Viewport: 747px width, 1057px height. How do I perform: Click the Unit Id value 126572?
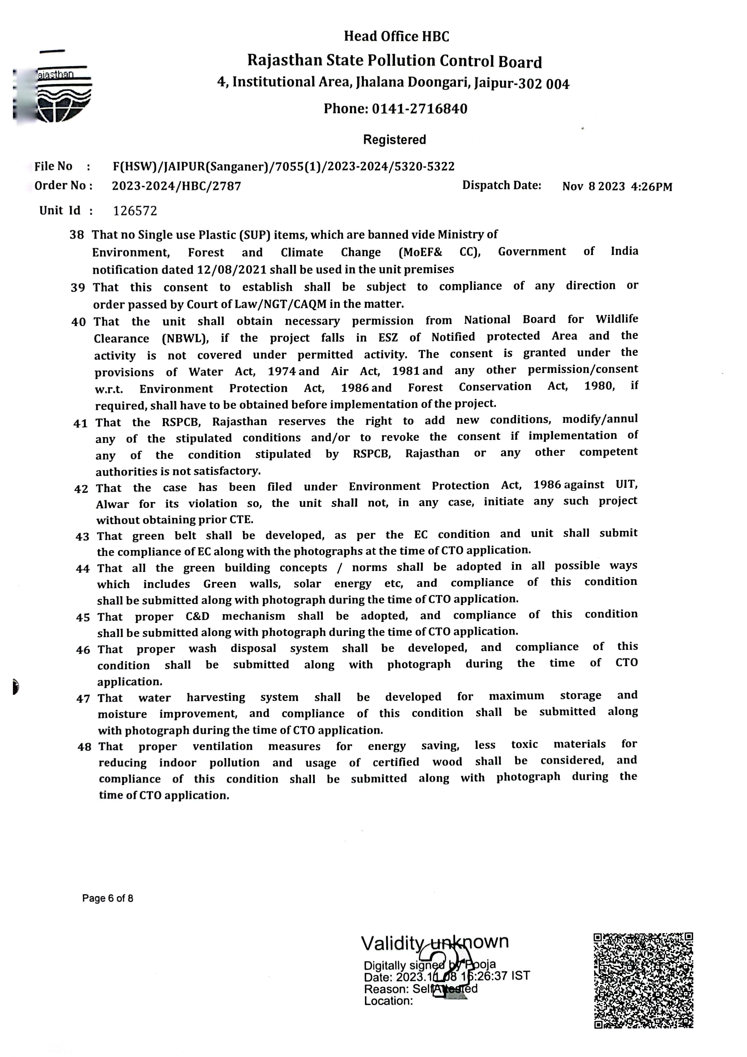click(135, 211)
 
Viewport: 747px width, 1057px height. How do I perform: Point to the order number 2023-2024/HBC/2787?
click(176, 186)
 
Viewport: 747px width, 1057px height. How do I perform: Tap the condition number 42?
click(81, 488)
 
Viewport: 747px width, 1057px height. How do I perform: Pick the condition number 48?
click(84, 747)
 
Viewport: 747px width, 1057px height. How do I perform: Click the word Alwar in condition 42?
click(112, 505)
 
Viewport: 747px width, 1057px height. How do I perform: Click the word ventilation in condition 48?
click(223, 746)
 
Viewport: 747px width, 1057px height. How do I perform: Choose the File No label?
click(53, 166)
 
